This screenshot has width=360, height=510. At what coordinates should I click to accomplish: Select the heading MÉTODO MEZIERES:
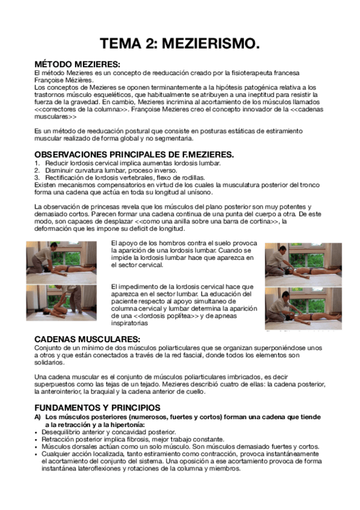pyautogui.click(x=77, y=64)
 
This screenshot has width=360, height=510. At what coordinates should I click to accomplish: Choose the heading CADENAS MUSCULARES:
pyautogui.click(x=87, y=339)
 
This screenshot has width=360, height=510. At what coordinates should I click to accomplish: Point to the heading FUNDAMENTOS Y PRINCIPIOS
pyautogui.click(x=97, y=407)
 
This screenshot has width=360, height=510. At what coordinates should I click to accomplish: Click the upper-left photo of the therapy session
pyautogui.click(x=60, y=262)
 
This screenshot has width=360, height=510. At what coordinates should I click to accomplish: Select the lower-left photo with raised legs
pyautogui.click(x=60, y=302)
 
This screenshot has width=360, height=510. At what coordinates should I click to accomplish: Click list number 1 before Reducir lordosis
pyautogui.click(x=36, y=163)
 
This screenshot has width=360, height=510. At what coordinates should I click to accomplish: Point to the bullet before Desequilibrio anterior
pyautogui.click(x=36, y=432)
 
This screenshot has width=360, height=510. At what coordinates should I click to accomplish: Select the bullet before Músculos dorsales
pyautogui.click(x=36, y=447)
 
